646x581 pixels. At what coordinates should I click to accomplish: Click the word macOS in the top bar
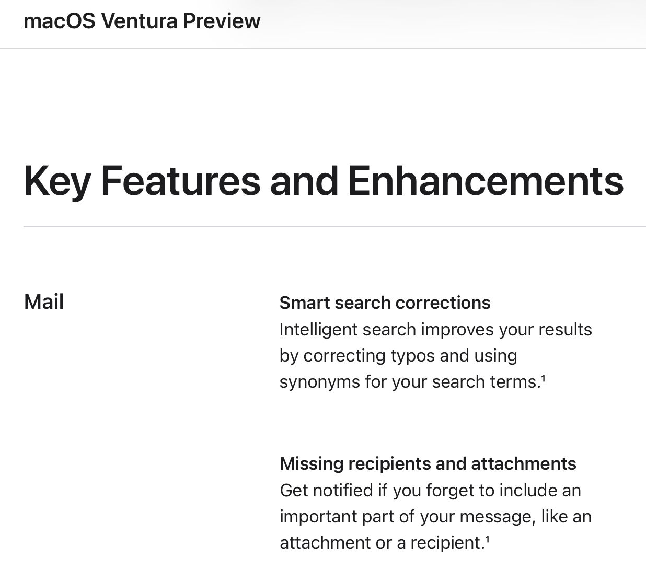click(60, 21)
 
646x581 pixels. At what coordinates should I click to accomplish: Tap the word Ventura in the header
click(140, 21)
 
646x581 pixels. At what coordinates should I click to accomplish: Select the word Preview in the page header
click(222, 21)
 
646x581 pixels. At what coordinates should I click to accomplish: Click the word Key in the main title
click(57, 182)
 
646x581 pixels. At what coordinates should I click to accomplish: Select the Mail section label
click(44, 302)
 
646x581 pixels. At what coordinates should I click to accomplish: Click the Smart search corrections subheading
click(385, 303)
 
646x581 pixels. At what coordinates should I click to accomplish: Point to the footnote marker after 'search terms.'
click(543, 378)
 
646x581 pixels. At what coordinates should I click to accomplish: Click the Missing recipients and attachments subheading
click(428, 464)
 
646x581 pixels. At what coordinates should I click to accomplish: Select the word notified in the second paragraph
click(343, 491)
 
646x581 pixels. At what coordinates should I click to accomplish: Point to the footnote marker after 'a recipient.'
click(487, 539)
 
